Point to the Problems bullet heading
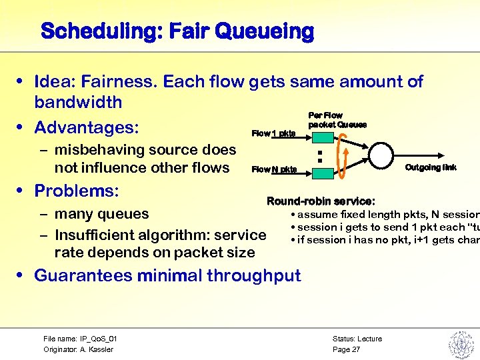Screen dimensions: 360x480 pos(76,191)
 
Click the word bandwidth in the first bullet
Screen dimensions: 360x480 pos(79,102)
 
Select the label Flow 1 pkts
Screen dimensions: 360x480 pos(273,133)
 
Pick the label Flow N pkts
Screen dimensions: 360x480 pos(274,169)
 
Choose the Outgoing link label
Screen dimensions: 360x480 pos(431,167)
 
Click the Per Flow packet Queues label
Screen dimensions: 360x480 pos(337,121)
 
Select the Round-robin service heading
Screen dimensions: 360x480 pos(321,201)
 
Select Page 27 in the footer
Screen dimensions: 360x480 pos(346,349)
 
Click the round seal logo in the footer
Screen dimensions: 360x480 pos(460,344)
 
